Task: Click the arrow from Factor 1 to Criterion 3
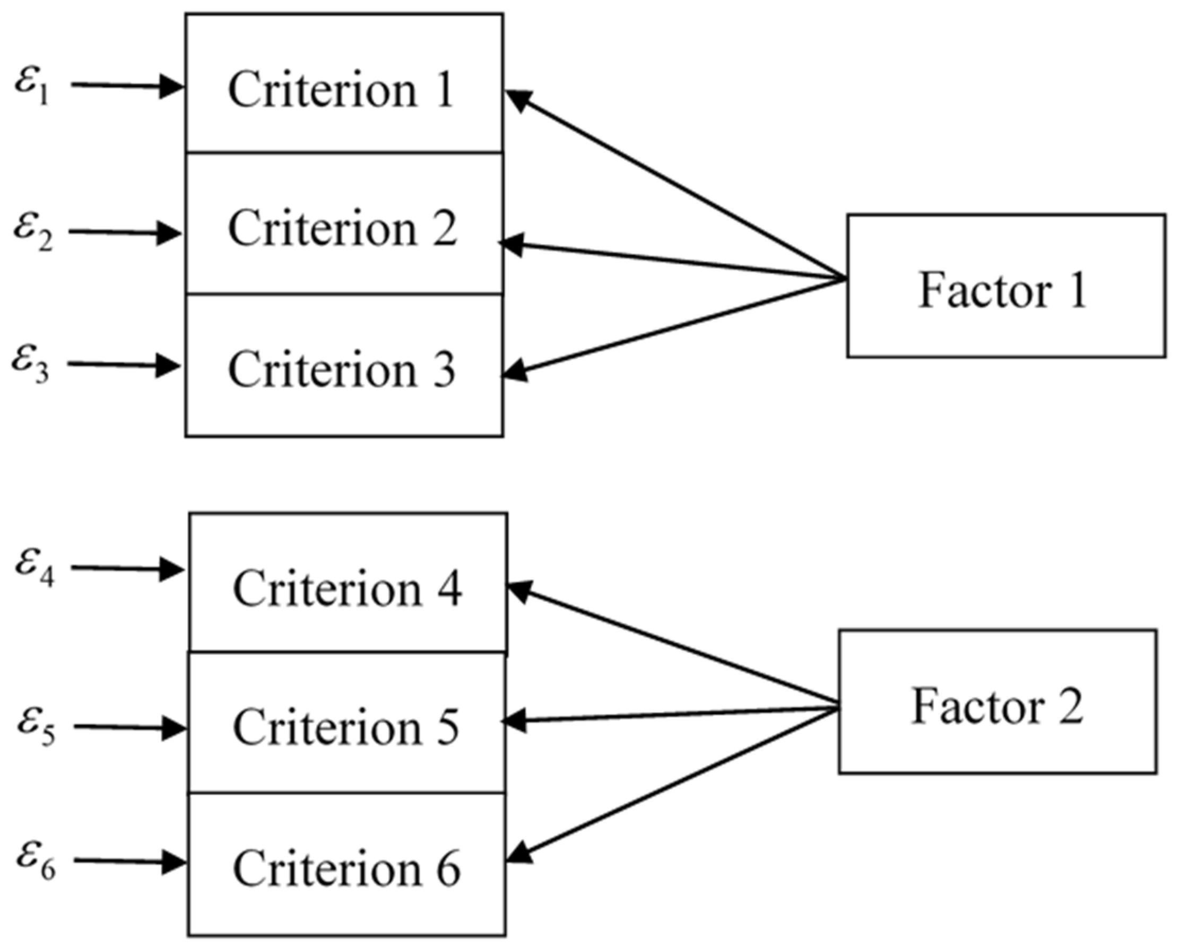[673, 327]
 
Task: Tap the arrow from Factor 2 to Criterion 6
[673, 786]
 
